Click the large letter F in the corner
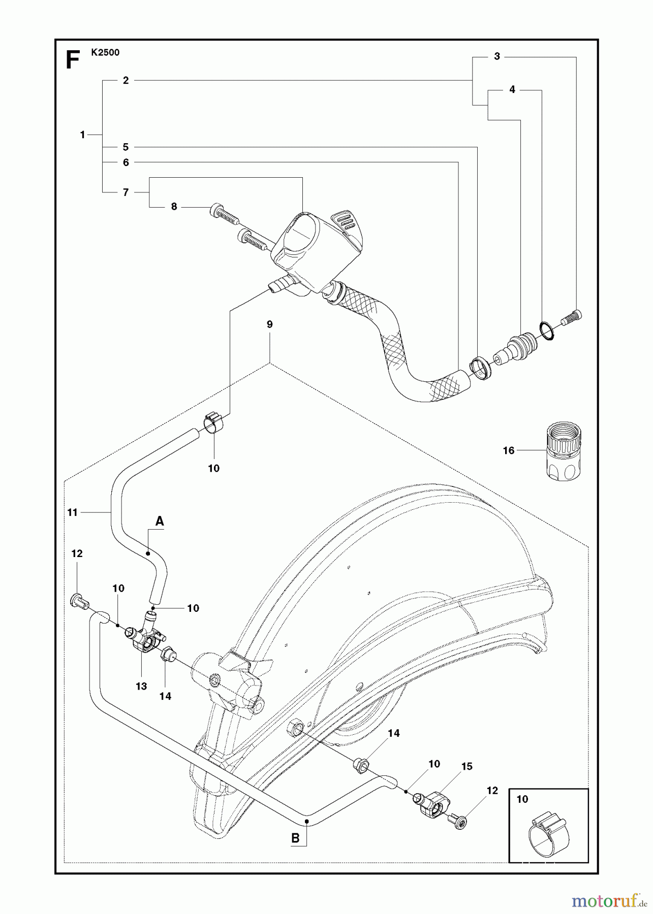pyautogui.click(x=73, y=60)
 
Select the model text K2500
pyautogui.click(x=106, y=52)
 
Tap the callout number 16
pyautogui.click(x=508, y=450)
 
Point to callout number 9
pyautogui.click(x=269, y=324)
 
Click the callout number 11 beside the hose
pyautogui.click(x=73, y=512)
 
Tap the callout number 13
pyautogui.click(x=141, y=686)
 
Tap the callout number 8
pyautogui.click(x=174, y=207)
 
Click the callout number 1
pyautogui.click(x=82, y=135)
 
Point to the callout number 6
pyautogui.click(x=126, y=162)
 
